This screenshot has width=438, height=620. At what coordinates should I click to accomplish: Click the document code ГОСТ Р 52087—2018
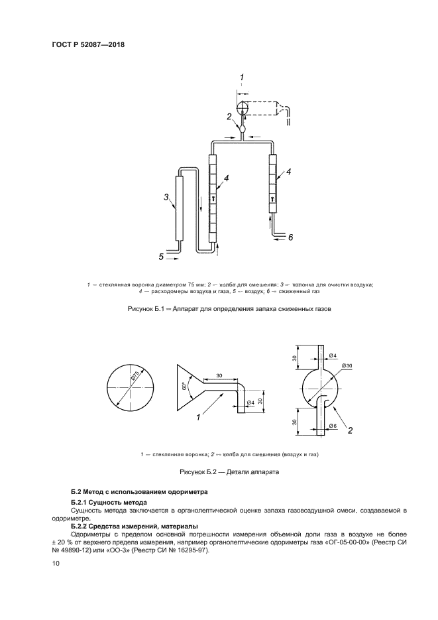pyautogui.click(x=87, y=45)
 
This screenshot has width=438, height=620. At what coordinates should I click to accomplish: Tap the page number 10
pyautogui.click(x=55, y=563)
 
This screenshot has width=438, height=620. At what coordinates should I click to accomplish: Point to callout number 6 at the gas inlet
pyautogui.click(x=290, y=236)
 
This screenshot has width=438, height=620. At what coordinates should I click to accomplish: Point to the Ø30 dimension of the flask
pyautogui.click(x=347, y=366)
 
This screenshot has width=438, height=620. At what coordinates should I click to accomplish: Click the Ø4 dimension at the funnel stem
pyautogui.click(x=250, y=403)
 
